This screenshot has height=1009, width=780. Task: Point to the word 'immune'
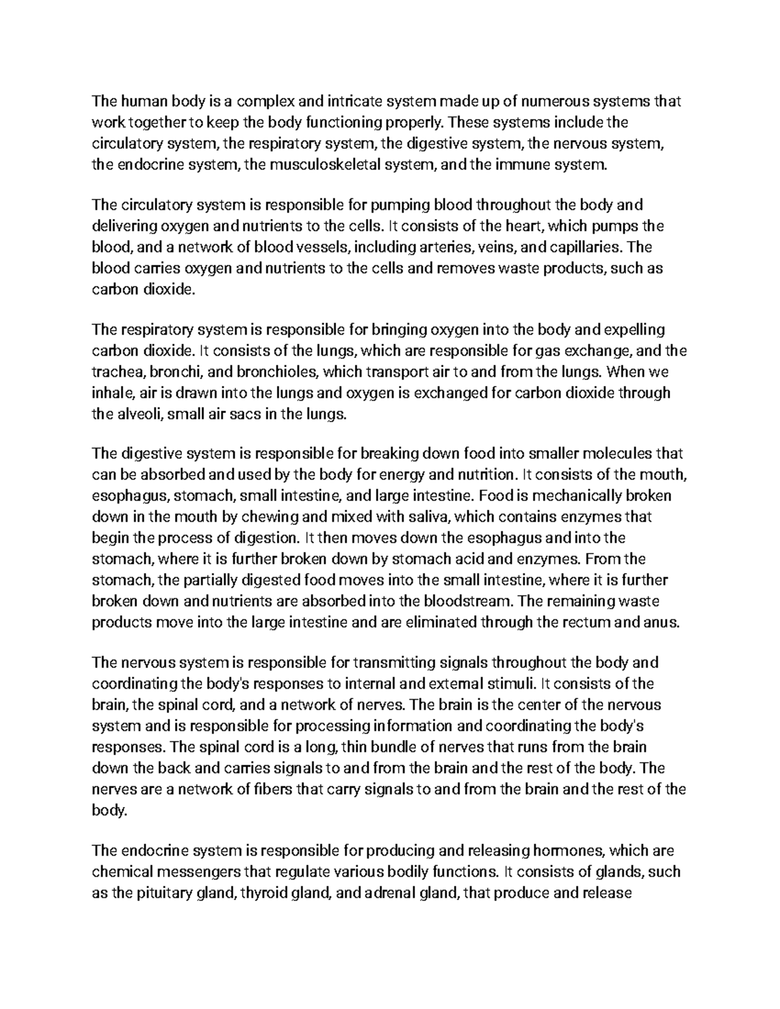[x=517, y=165]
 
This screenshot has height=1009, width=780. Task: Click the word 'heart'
[x=517, y=226]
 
